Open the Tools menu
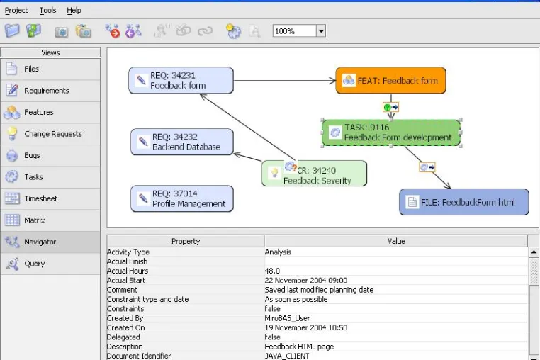click(x=47, y=11)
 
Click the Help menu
click(x=74, y=11)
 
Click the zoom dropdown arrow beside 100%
click(x=321, y=31)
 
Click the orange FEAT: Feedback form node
click(x=391, y=81)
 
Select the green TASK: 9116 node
click(x=391, y=133)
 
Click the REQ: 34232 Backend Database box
click(x=182, y=142)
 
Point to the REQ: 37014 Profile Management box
click(x=182, y=198)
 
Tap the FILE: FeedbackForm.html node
click(x=464, y=202)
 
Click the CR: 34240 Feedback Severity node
click(x=314, y=174)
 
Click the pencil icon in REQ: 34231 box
click(x=141, y=80)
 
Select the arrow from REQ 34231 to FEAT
click(x=285, y=81)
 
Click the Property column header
click(x=186, y=241)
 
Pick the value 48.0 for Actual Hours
click(x=272, y=271)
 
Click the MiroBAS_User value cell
click(x=287, y=318)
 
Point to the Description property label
click(x=125, y=347)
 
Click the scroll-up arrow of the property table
click(x=534, y=252)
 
